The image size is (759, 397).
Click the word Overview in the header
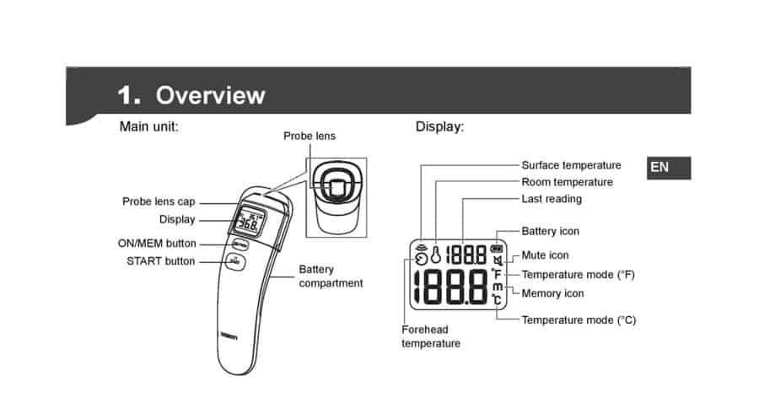point(211,95)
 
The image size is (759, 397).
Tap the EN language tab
point(669,168)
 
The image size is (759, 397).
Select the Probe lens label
point(310,136)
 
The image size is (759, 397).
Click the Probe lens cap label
point(159,201)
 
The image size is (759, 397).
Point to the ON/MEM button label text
point(157,244)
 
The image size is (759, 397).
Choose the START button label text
point(161,261)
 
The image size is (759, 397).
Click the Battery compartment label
point(331,276)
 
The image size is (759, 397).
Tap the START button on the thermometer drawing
point(235,262)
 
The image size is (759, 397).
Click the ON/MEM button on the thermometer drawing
point(240,244)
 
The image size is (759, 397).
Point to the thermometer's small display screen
point(250,222)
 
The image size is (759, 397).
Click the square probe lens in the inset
point(336,186)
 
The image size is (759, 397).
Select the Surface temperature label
point(571,165)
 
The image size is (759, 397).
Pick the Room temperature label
point(568,182)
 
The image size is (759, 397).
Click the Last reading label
point(552,199)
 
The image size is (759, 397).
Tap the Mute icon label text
point(545,255)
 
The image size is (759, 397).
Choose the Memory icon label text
point(552,293)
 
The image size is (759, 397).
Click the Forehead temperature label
point(431,336)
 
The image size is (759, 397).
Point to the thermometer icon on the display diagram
point(436,255)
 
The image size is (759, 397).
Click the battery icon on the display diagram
point(497,249)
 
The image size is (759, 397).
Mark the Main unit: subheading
point(149,126)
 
